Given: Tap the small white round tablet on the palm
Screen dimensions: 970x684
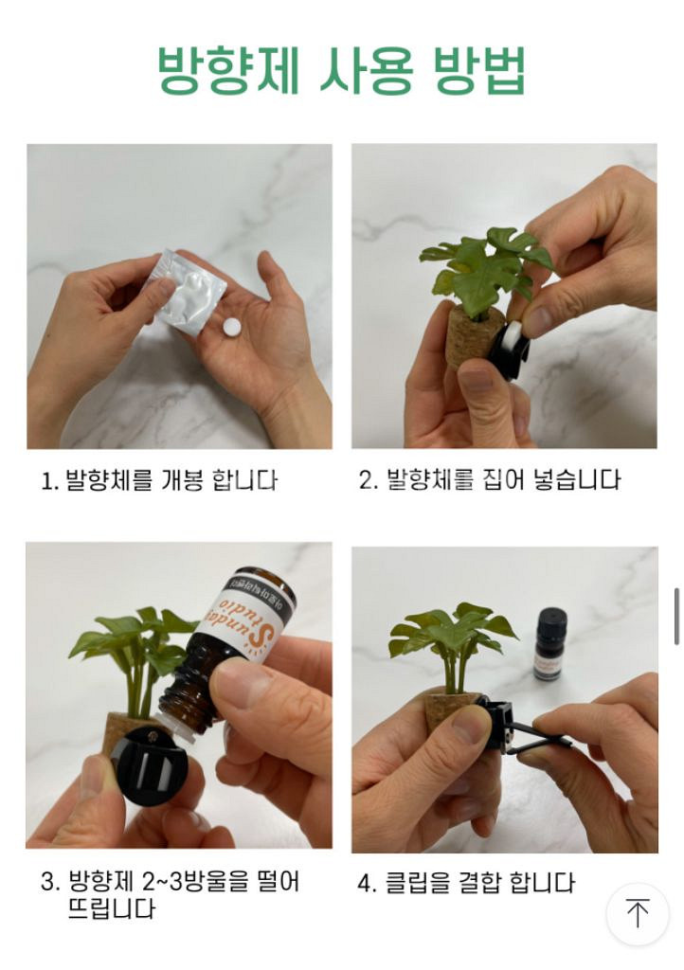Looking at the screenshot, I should [230, 327].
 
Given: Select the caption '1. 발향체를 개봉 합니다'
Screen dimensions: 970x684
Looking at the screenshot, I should [159, 481].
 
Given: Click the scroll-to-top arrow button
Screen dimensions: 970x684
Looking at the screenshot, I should [638, 914].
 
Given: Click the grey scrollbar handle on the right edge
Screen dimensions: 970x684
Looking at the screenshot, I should [676, 616].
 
